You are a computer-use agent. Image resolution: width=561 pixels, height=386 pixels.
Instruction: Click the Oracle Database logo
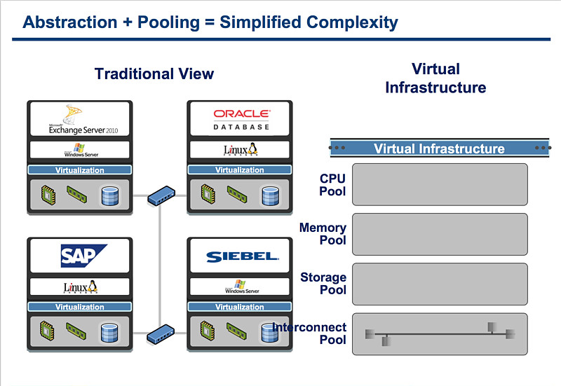coord(241,119)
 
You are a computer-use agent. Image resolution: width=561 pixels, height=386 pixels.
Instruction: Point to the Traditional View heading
coord(154,74)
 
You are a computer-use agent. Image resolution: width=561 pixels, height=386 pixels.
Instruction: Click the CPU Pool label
coord(332,185)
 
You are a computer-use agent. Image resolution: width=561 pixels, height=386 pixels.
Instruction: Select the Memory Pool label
coord(323,234)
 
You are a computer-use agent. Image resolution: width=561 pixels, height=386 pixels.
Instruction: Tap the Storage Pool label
coord(323,284)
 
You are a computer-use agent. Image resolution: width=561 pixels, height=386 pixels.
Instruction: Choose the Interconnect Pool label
coord(310,333)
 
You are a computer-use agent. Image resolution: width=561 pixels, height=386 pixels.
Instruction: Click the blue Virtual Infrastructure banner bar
coord(439,149)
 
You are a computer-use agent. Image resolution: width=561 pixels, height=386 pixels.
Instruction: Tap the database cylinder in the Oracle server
coord(270,195)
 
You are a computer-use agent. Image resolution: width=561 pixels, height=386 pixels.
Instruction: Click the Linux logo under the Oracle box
coord(241,150)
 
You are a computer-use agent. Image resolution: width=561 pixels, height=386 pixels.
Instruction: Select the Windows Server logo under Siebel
coord(240,287)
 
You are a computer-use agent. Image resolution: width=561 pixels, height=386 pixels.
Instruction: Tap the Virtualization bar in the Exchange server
coord(79,170)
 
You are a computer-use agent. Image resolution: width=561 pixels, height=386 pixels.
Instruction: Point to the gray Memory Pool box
coord(440,234)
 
